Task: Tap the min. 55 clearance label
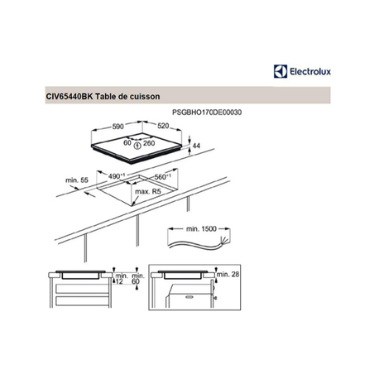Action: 76,180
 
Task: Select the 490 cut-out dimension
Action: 118,176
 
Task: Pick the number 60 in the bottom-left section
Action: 135,282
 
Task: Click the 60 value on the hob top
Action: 127,141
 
